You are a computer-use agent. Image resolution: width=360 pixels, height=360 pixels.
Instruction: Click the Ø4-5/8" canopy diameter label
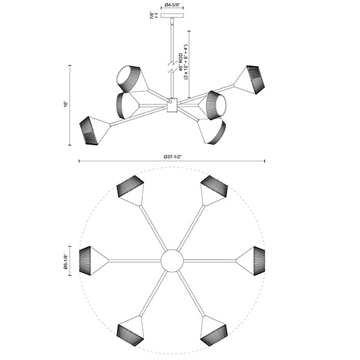pyautogui.click(x=172, y=5)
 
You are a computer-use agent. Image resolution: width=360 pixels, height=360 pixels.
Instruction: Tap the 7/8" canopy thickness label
pyautogui.click(x=152, y=15)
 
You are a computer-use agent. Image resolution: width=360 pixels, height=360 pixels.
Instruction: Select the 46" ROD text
pyautogui.click(x=181, y=62)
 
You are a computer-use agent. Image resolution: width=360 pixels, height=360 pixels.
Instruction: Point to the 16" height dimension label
pyautogui.click(x=66, y=104)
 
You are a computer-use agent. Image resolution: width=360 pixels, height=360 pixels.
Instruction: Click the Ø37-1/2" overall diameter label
pyautogui.click(x=172, y=157)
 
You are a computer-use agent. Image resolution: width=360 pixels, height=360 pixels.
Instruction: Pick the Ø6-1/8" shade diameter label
pyautogui.click(x=66, y=260)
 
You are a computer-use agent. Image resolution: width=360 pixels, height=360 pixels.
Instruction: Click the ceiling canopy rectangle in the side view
pyautogui.click(x=172, y=16)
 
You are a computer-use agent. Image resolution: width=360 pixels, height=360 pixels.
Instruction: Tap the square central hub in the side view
pyautogui.click(x=172, y=105)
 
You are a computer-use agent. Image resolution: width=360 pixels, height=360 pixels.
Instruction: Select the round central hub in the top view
pyautogui.click(x=172, y=260)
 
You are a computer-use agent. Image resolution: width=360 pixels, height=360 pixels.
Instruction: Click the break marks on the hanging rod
pyautogui.click(x=172, y=67)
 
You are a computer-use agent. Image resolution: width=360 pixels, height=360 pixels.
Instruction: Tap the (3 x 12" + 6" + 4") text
pyautogui.click(x=186, y=62)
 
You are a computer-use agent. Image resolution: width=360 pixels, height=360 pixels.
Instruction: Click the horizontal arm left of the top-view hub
pyautogui.click(x=134, y=261)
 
